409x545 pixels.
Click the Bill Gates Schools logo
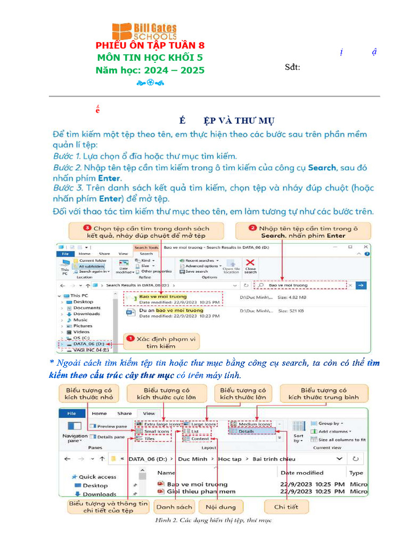tap(144, 31)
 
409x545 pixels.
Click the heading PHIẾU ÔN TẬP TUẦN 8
tap(150, 46)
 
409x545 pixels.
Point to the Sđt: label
tap(292, 67)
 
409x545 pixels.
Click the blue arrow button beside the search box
tap(361, 285)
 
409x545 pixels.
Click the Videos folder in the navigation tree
tap(81, 332)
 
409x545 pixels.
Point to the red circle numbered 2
tap(253, 228)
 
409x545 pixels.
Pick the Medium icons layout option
tap(251, 424)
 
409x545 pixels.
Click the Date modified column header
tap(302, 473)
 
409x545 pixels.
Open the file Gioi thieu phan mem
tap(201, 492)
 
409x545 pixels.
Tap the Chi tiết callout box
tap(286, 507)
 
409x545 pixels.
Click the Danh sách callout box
tap(174, 507)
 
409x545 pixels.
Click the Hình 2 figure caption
tap(212, 520)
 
